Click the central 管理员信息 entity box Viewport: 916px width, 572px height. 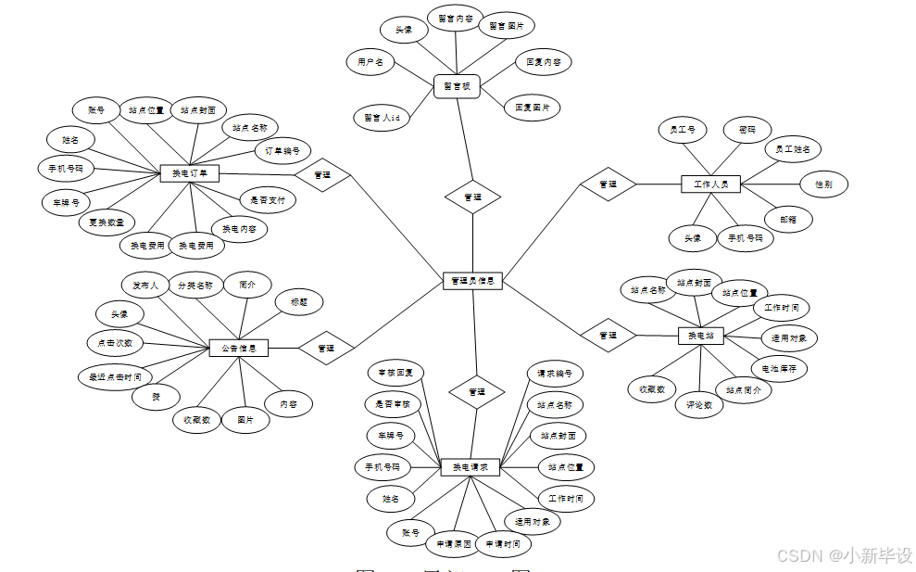click(x=472, y=280)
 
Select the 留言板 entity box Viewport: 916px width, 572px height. click(x=457, y=86)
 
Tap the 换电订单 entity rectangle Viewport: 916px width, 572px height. click(x=190, y=173)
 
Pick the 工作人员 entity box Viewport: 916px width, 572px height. click(x=710, y=184)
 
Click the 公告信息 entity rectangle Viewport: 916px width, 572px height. click(x=239, y=349)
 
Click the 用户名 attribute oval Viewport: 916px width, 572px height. click(x=370, y=63)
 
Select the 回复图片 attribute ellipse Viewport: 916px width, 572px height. click(x=533, y=108)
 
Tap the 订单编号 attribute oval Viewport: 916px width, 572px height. click(x=282, y=150)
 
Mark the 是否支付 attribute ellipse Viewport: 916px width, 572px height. click(x=268, y=199)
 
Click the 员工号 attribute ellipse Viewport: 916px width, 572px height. click(x=683, y=131)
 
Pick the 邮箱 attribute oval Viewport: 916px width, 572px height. click(x=788, y=219)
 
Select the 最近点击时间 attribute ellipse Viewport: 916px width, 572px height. click(x=116, y=377)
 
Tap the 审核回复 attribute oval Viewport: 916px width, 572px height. click(x=395, y=373)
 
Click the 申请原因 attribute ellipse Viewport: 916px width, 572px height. click(x=455, y=544)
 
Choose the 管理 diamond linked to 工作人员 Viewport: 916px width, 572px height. click(x=608, y=184)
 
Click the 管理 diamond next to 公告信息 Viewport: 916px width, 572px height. click(x=326, y=349)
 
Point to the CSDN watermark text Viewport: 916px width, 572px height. click(x=844, y=554)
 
